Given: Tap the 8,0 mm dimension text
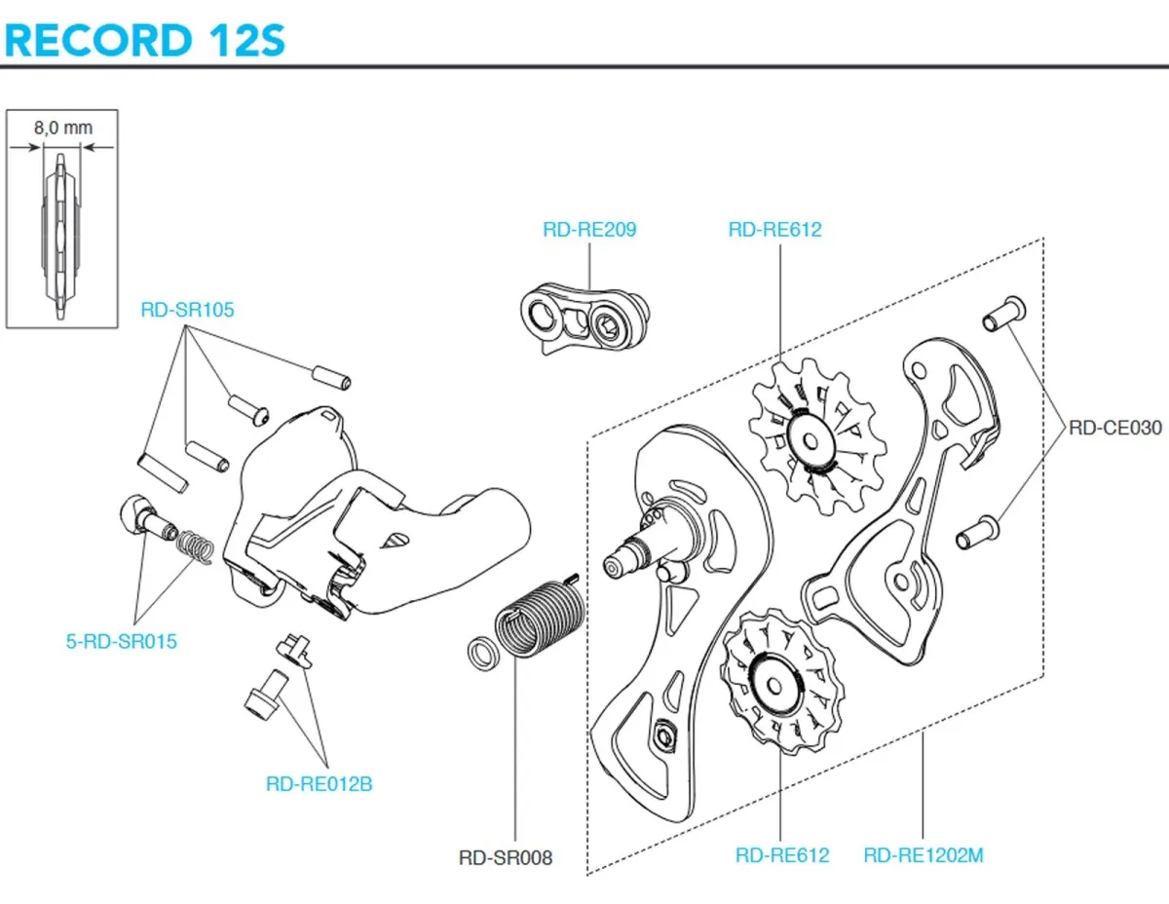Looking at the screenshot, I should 62,127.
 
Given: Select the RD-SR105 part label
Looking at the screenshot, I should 187,310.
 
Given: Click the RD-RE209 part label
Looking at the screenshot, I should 589,230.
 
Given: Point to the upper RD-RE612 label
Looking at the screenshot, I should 774,230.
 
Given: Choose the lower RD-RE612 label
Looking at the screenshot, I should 782,855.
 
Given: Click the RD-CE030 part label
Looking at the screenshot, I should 1115,426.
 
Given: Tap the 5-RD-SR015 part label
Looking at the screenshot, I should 122,642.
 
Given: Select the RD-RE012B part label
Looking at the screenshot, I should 319,783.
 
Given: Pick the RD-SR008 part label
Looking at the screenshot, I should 505,857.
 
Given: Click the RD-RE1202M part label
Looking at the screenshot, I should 924,855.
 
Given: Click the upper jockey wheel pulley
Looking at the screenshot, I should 815,437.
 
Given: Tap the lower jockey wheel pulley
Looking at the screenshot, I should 780,680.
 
